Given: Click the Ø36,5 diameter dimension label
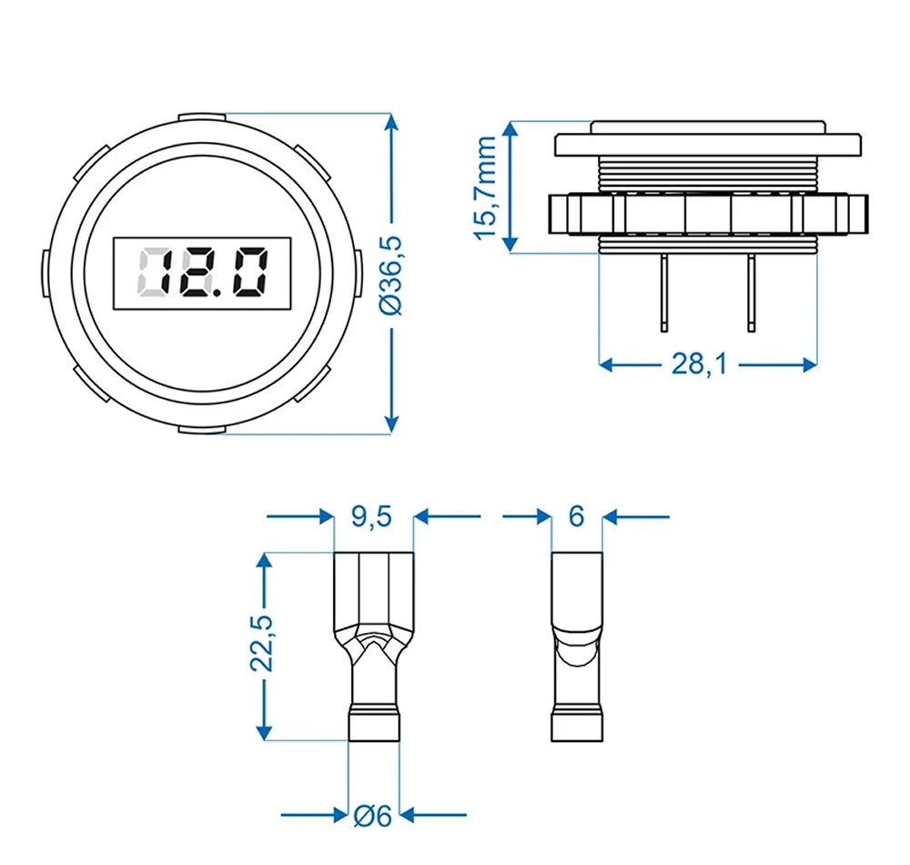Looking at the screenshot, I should [392, 273].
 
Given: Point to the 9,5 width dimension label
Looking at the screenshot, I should [371, 517].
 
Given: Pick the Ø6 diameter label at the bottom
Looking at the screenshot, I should [372, 816].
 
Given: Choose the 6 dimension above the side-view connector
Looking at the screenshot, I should [576, 517].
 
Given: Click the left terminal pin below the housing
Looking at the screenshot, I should [665, 291].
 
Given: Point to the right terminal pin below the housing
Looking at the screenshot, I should [752, 291].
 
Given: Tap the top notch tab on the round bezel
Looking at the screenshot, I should [202, 117].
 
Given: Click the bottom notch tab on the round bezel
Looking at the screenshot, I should [202, 429].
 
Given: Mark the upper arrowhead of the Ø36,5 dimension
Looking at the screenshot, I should [392, 123].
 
